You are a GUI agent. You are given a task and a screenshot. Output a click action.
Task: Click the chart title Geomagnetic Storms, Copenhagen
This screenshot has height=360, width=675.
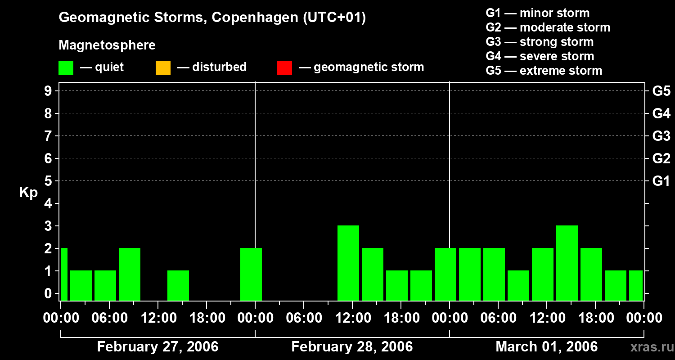(212, 18)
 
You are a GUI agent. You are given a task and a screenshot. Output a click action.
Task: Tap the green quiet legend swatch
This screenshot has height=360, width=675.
(66, 68)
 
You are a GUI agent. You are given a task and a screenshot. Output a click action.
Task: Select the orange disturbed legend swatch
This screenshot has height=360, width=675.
(163, 68)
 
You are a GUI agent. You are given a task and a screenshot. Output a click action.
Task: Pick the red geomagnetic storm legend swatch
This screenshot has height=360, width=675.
(284, 68)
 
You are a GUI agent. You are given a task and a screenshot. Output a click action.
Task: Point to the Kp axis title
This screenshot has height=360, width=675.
(28, 193)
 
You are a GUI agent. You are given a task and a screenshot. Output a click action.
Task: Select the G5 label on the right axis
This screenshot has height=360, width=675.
(661, 91)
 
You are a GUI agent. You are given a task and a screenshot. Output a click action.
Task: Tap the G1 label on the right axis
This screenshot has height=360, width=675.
(661, 181)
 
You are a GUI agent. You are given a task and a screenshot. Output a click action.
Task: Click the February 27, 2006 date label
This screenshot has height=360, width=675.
(157, 347)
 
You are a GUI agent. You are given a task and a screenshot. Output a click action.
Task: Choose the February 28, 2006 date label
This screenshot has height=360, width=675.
(352, 347)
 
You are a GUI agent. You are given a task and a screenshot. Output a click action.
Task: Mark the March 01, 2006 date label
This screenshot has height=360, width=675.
(546, 347)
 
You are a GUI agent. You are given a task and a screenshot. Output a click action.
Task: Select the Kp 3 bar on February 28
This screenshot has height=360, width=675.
(348, 263)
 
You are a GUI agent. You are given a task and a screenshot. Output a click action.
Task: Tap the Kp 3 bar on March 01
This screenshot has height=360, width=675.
(567, 263)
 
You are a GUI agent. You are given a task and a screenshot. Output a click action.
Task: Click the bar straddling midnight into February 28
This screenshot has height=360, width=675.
(251, 274)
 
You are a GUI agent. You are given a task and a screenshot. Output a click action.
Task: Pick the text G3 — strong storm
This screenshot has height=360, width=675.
(540, 42)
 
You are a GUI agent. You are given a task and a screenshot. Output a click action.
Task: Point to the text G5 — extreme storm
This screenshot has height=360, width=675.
(544, 71)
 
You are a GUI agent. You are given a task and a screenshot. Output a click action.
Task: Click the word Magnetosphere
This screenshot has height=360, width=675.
(107, 45)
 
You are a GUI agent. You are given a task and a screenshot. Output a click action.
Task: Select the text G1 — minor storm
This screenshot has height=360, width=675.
(537, 13)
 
